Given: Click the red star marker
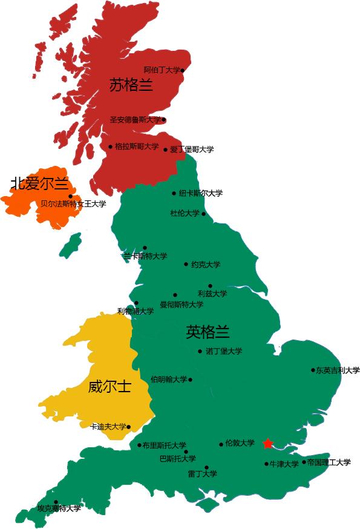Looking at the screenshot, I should tap(268, 444).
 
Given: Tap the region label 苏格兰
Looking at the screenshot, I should tap(131, 85).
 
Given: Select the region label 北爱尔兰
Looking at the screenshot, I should tap(39, 183).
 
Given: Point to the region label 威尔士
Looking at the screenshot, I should tap(110, 386).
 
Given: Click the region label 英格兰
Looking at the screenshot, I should tap(208, 332).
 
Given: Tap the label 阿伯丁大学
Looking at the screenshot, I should tap(162, 70).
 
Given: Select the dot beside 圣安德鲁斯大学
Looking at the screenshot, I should tap(163, 120).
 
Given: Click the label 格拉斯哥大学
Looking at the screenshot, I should tap(137, 146).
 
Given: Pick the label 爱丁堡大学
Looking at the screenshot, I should tap(192, 149).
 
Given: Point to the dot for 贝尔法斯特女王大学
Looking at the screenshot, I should tap(70, 196).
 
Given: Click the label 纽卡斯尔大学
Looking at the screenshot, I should tap(201, 194).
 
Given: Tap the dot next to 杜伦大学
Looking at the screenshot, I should tap(203, 214).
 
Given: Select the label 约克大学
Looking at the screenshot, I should tap(206, 264).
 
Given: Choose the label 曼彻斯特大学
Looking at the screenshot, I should tap(182, 304).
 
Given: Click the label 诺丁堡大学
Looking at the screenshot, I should tap(224, 351).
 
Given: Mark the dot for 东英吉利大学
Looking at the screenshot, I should tap(313, 370).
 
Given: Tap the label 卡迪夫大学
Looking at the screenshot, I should tap(108, 427).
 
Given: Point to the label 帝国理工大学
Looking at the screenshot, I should tap(329, 462).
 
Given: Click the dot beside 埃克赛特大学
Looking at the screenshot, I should tap(56, 502).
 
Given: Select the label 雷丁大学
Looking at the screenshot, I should tap(203, 474).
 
